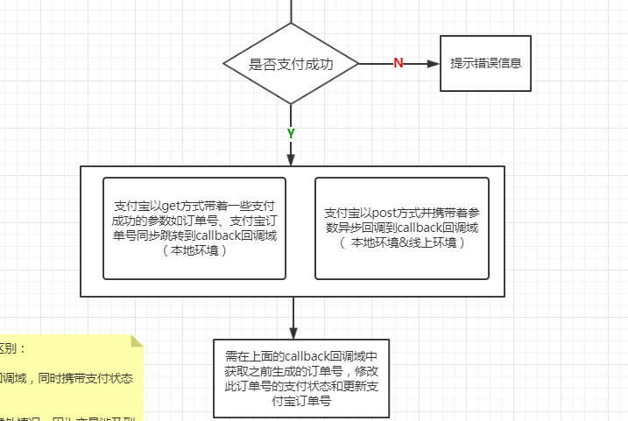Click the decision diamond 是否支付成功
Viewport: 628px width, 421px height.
click(291, 64)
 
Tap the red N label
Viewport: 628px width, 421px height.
click(398, 63)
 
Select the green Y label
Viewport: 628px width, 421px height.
click(291, 133)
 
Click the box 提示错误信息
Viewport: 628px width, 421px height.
click(485, 63)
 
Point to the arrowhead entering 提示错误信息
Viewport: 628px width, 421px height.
click(433, 63)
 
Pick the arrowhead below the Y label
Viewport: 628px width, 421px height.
click(291, 158)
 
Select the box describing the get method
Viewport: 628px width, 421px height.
click(194, 228)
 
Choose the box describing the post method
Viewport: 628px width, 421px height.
click(401, 228)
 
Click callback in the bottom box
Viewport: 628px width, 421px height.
click(313, 355)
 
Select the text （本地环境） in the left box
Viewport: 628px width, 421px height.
click(194, 250)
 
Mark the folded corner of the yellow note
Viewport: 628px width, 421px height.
click(136, 340)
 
